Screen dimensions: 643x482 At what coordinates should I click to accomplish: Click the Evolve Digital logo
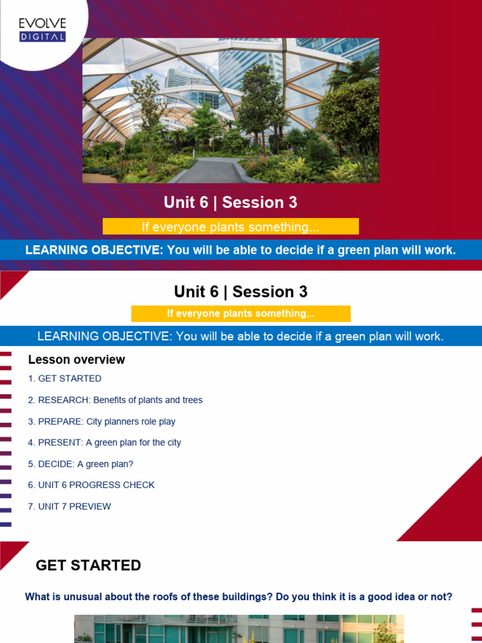tap(42, 30)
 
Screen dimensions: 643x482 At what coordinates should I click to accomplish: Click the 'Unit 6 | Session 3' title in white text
tap(230, 202)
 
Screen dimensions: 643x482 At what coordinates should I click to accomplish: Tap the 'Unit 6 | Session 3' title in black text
tap(240, 292)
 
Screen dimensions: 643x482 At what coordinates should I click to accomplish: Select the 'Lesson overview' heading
tap(77, 360)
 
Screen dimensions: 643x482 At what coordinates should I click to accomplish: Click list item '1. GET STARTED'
tap(65, 379)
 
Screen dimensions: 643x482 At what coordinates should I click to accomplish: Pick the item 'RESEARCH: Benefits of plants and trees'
tap(120, 400)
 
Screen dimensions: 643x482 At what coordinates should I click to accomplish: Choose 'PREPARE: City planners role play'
tap(107, 421)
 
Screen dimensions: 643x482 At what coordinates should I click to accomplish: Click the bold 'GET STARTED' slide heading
tap(88, 565)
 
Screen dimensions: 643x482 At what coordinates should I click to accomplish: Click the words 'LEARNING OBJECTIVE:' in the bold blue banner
tap(94, 250)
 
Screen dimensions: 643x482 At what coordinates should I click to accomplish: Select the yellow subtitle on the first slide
tap(230, 227)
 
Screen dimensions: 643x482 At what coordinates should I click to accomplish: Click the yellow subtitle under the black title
tap(240, 313)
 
